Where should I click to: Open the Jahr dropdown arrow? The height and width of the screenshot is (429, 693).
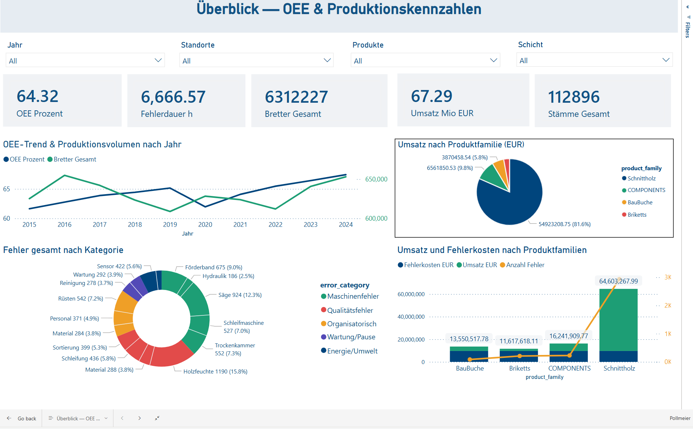point(158,60)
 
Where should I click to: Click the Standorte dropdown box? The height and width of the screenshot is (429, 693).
point(256,60)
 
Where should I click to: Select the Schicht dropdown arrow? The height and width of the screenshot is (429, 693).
point(665,60)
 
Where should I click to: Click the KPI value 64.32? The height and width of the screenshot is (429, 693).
point(38,97)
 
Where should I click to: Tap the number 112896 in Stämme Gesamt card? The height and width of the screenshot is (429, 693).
point(573,97)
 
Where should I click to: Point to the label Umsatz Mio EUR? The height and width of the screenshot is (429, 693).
point(442,113)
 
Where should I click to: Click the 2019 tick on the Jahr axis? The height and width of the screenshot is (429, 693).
point(170,225)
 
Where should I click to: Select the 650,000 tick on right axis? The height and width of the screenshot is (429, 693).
point(376,179)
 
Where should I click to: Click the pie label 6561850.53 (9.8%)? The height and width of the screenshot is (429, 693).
point(449,168)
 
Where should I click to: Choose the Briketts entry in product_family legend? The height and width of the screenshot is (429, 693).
point(636,215)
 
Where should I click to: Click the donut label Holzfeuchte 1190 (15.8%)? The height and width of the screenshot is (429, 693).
point(215,372)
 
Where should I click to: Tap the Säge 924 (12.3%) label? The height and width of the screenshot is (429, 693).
point(240,295)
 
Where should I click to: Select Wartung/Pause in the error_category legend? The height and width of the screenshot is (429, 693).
point(351,337)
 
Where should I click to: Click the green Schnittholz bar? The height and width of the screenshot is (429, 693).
point(618,319)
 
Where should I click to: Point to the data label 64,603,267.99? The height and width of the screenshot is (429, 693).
point(618,281)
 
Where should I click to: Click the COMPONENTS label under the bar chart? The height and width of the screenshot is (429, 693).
point(569,368)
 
